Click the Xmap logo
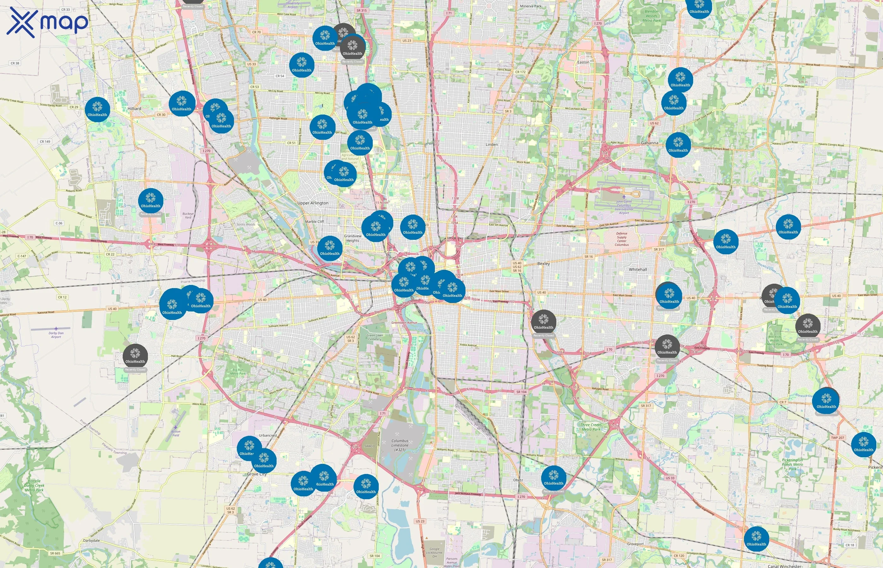(47, 22)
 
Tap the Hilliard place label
(134, 109)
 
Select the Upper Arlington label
(313, 203)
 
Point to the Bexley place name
(543, 264)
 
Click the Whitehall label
(638, 269)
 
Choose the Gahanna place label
(649, 143)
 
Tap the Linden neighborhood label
(491, 145)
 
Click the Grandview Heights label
(353, 238)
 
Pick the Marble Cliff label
(314, 222)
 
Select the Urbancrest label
(268, 435)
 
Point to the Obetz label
(518, 480)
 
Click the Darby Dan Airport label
(56, 335)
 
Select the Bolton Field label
(176, 433)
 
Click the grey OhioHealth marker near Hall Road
(135, 356)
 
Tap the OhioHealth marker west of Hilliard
(97, 109)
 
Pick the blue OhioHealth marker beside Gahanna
(678, 145)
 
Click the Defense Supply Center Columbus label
(621, 239)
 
